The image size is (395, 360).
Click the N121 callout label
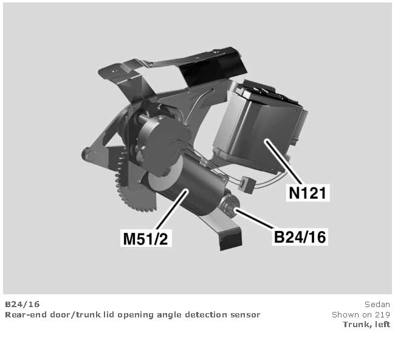(307, 193)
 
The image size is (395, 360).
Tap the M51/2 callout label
(146, 238)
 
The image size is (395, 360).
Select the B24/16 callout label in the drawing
(300, 237)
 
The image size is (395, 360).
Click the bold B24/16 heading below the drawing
(22, 304)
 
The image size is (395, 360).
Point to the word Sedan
(377, 304)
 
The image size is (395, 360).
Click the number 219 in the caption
(383, 314)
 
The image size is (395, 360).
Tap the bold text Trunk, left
(366, 324)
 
